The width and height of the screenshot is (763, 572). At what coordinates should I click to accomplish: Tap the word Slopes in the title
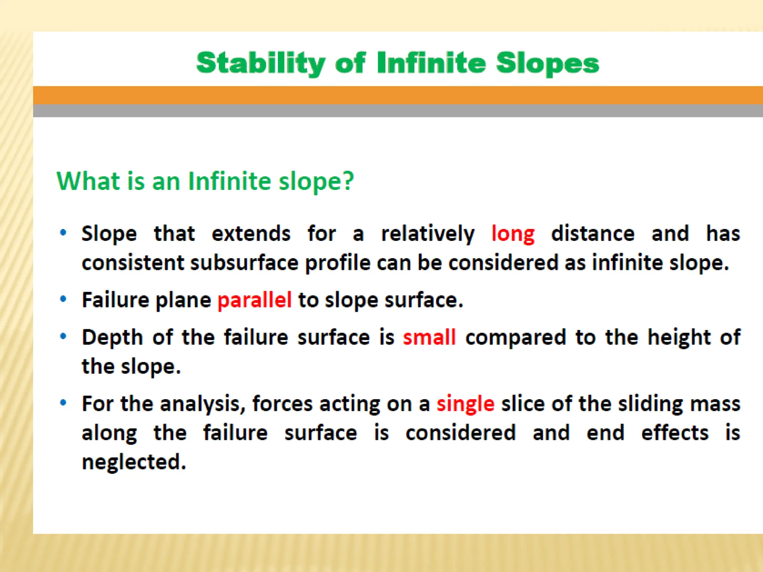547,63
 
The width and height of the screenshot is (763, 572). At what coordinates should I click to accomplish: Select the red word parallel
254,300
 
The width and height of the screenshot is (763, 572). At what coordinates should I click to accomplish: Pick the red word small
429,337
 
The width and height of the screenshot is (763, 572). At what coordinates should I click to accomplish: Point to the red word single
465,404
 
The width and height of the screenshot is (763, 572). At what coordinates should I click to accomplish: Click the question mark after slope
348,181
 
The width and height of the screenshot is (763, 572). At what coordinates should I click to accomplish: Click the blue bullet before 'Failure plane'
63,299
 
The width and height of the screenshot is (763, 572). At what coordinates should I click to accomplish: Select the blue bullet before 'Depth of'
63,336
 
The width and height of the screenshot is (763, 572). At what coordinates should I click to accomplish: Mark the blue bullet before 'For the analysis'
63,403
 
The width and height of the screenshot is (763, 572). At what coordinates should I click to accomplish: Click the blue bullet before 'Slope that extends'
63,233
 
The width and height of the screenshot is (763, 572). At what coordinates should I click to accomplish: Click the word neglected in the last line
133,463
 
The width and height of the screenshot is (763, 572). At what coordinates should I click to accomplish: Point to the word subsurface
244,263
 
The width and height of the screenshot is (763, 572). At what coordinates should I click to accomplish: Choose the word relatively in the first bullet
428,234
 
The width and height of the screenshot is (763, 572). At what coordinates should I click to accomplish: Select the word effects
675,433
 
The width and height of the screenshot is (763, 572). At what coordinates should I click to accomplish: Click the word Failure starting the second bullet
115,300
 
